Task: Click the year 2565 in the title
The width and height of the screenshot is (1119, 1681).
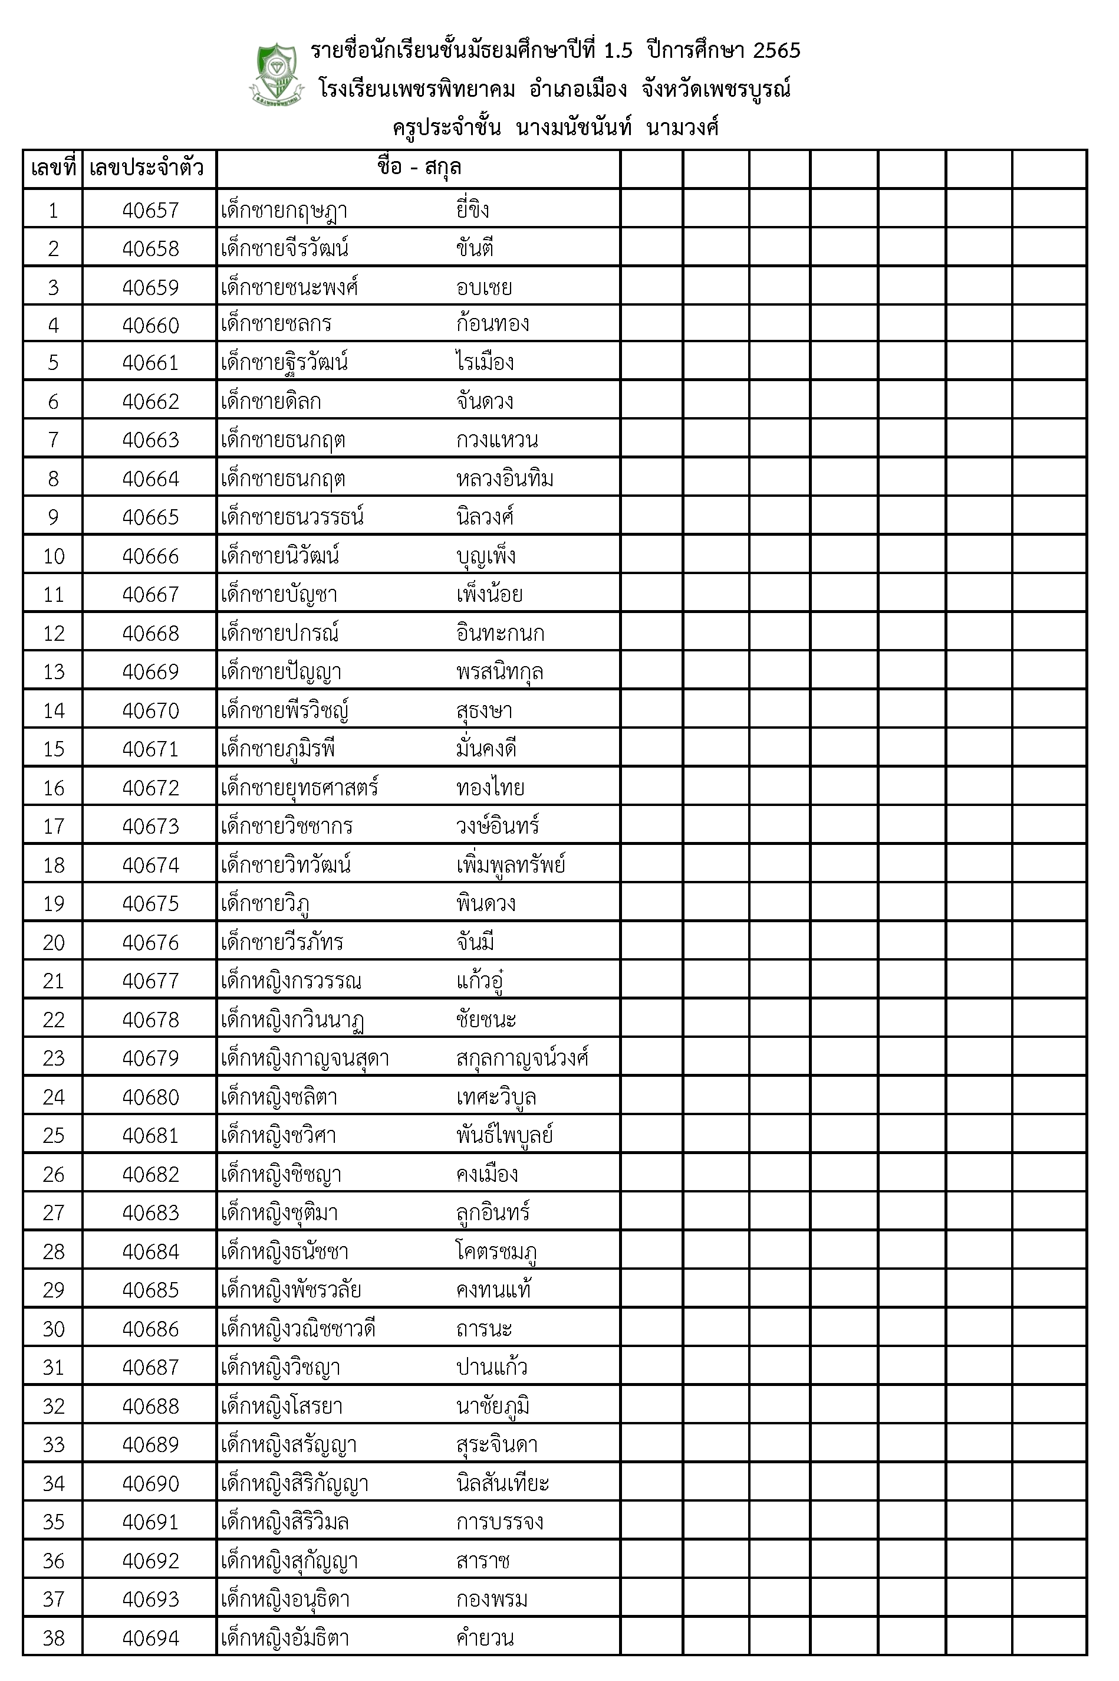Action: click(776, 51)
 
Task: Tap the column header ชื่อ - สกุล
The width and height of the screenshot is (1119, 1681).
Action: click(419, 168)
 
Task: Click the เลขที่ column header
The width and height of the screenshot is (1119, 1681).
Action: click(53, 169)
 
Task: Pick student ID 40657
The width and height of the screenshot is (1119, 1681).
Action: click(150, 210)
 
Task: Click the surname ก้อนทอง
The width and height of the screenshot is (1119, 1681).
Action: click(492, 324)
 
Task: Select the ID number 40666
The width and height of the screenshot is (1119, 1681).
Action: click(150, 556)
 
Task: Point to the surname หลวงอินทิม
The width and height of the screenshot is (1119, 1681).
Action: click(505, 479)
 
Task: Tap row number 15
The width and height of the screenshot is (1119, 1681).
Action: click(54, 749)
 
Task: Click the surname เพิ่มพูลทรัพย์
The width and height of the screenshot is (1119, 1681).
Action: click(511, 865)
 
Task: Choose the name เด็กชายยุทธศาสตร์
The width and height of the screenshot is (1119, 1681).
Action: click(299, 788)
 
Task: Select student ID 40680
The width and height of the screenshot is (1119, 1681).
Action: click(150, 1097)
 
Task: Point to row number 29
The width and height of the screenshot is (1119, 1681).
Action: click(54, 1290)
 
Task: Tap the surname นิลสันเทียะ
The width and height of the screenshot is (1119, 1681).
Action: click(502, 1483)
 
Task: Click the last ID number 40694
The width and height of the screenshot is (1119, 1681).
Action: click(150, 1637)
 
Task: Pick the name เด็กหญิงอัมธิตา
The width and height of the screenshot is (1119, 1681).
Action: click(285, 1637)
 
